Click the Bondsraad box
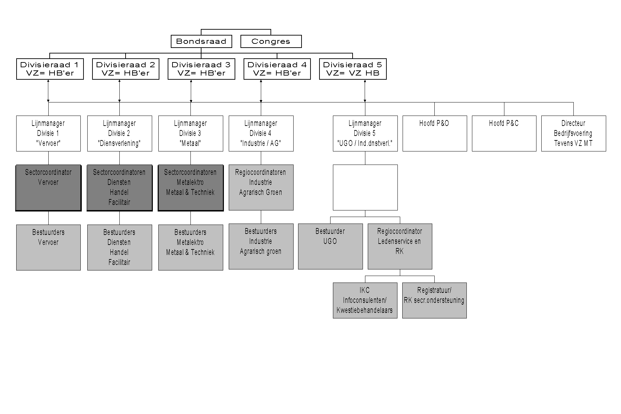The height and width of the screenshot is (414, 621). [x=201, y=41]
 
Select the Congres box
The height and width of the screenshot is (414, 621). [x=271, y=41]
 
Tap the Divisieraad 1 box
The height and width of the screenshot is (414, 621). [x=50, y=69]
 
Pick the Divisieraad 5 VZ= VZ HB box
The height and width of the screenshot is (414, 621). [x=353, y=69]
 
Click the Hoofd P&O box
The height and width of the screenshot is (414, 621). [x=434, y=133]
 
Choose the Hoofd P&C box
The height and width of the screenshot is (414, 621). [x=504, y=133]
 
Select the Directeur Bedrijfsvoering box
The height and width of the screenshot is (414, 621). [x=573, y=133]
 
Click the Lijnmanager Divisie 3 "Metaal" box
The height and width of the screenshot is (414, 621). [x=190, y=133]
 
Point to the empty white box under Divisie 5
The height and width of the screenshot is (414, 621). [x=365, y=187]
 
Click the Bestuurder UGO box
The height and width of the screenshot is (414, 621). [x=330, y=246]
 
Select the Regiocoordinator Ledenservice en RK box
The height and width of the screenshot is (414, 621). [x=400, y=246]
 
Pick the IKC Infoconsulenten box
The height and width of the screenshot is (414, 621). [x=365, y=300]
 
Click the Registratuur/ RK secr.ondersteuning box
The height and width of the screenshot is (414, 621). [x=434, y=300]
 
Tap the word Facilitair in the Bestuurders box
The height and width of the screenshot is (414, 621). [x=119, y=262]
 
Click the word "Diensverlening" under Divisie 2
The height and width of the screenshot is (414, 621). [x=119, y=143]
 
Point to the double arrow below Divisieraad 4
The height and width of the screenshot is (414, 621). [x=261, y=91]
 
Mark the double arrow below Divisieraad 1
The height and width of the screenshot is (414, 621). [x=48, y=91]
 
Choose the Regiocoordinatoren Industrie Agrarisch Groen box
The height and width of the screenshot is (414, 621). [x=261, y=187]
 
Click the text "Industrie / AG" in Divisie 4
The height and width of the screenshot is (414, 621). [x=261, y=143]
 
